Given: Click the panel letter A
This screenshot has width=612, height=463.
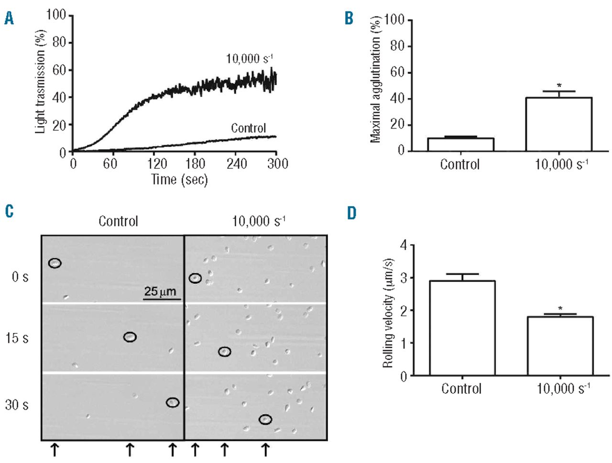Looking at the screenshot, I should point(9,19).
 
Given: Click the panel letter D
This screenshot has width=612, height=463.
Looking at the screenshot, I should point(352,213).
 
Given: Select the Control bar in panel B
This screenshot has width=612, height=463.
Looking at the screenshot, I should point(460,144).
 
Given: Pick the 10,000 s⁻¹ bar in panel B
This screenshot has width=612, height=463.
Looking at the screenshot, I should point(558,124).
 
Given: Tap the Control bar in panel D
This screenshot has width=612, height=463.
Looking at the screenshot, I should point(462,328).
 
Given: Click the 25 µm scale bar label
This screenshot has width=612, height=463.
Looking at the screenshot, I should point(160,291).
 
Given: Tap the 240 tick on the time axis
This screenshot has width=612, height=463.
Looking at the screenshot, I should point(237,164).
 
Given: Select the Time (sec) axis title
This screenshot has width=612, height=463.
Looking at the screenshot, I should point(179,180).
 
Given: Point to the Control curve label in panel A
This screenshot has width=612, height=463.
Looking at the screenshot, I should point(248,128).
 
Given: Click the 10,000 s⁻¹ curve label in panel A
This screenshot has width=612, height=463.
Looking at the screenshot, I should point(249,59).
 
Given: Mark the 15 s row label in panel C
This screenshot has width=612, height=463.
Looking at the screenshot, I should point(17,339).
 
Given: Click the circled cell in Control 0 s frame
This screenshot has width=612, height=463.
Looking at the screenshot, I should point(55,263).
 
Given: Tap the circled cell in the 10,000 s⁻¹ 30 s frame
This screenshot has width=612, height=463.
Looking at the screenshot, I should point(265,419).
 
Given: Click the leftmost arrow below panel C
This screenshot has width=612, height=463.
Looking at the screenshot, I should point(55,449).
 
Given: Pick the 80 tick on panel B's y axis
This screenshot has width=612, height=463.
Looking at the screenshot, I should point(397,46).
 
